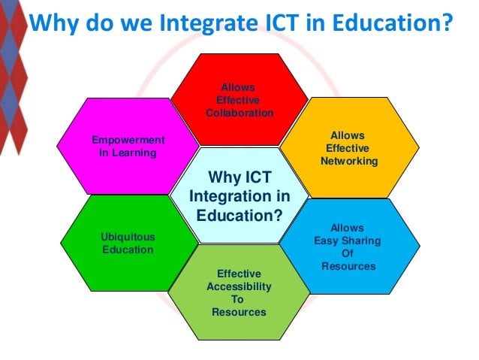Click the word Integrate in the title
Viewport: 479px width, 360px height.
209,23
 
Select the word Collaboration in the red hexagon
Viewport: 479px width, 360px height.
239,113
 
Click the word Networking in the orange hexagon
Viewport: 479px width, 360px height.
349,161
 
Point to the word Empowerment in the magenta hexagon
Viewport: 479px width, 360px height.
128,140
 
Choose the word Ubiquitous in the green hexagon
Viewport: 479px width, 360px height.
128,237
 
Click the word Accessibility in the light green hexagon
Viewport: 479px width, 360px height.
239,286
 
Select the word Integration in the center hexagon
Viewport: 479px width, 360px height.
230,196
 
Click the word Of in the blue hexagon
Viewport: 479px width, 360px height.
348,253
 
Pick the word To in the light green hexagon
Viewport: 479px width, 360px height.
237,299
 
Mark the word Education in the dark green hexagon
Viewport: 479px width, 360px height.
128,250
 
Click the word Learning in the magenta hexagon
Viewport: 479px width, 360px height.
134,153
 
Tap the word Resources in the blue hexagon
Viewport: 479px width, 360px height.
348,266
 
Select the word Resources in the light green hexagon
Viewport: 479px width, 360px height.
239,312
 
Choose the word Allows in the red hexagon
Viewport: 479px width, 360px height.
238,87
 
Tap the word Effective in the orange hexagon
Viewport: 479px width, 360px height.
348,148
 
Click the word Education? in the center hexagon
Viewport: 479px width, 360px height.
239,216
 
